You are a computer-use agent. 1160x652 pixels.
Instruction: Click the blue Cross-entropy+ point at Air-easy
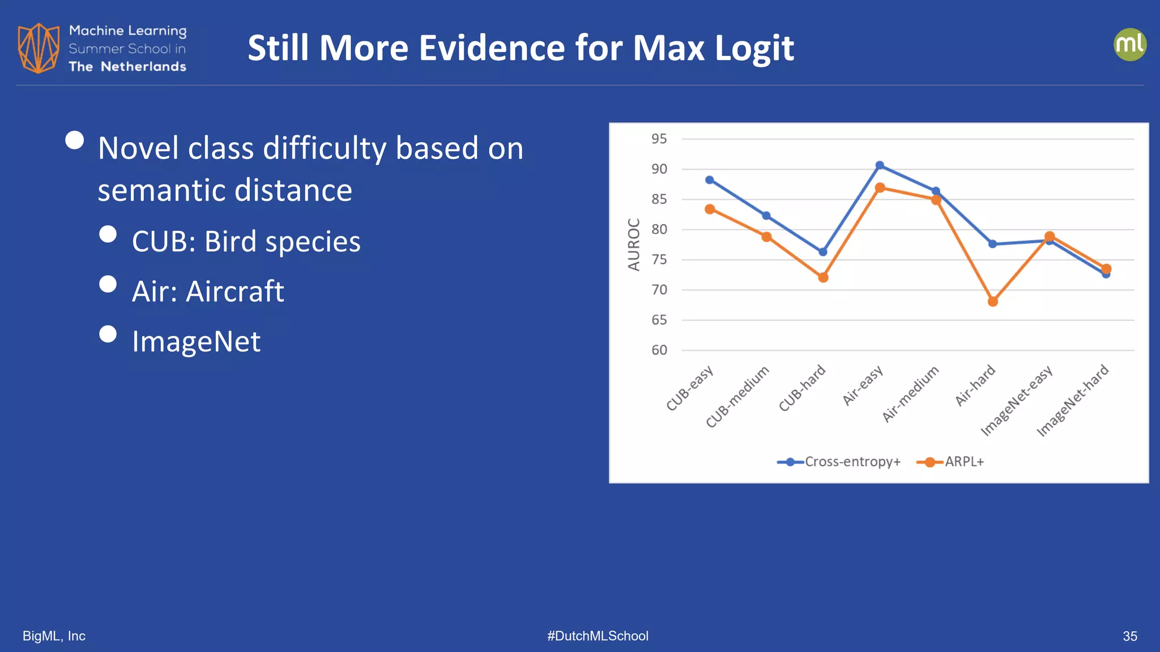(880, 165)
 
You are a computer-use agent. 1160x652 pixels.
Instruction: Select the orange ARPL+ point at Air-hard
(993, 302)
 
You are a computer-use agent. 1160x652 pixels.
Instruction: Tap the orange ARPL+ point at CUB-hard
(823, 277)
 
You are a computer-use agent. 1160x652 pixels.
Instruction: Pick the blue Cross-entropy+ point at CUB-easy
(710, 180)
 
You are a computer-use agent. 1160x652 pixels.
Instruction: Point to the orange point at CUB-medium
(766, 237)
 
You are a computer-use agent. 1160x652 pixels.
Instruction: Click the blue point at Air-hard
(992, 244)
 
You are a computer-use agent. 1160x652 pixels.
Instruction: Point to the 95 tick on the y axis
(659, 139)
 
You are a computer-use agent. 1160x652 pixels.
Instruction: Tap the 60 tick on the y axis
(659, 350)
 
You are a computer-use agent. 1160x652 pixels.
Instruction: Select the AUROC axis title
(634, 244)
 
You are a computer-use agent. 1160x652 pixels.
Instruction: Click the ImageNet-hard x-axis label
(1073, 401)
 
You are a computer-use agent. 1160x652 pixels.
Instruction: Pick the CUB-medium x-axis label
(737, 397)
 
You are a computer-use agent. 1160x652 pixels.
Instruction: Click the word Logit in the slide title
(754, 48)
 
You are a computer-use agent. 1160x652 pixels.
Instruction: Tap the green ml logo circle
(1129, 45)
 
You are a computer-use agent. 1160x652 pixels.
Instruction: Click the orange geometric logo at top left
(39, 48)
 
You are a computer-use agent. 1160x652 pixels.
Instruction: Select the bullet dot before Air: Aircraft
(108, 284)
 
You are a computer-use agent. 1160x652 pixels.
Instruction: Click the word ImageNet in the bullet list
(196, 342)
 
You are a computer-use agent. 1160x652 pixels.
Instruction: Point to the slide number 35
(1129, 636)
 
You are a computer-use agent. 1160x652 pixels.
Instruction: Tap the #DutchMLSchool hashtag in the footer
(598, 636)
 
